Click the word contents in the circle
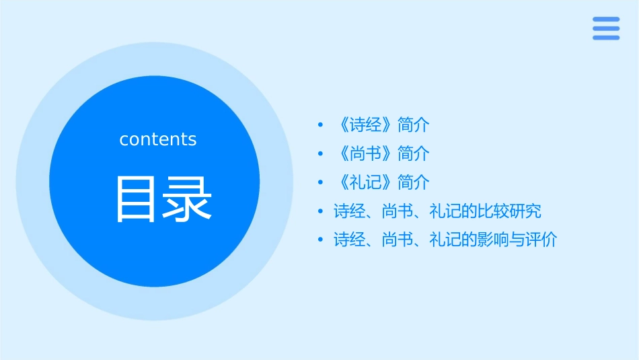[x=158, y=139]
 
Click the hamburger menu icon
[x=606, y=28]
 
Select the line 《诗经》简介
[x=381, y=125]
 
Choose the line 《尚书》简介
[x=381, y=154]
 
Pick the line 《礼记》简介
[x=381, y=182]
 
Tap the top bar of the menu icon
[x=606, y=20]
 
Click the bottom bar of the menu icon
[x=606, y=38]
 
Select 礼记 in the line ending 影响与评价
[x=445, y=240]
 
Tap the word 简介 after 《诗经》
[x=414, y=125]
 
